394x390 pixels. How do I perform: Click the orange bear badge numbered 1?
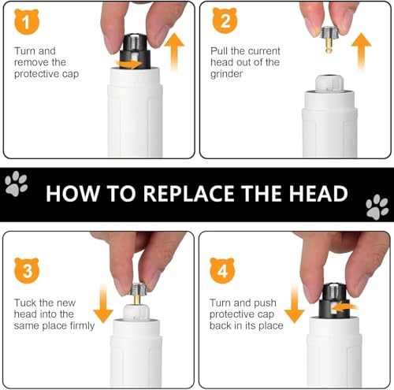pos(27,21)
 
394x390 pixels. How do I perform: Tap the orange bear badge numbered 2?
pos(225,20)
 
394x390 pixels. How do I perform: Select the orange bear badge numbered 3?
pos(27,270)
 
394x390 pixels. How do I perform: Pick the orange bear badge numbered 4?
pos(222,270)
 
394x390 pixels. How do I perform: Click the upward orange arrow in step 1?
pos(174,51)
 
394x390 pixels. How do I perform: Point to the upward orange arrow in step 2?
pos(362,52)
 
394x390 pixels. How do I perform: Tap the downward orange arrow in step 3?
pos(103,303)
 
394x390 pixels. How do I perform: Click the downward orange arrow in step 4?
pos(294,303)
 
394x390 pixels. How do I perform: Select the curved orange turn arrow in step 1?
pos(128,64)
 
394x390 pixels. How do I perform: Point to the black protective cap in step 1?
pos(135,51)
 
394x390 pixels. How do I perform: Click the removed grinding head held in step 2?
pos(329,39)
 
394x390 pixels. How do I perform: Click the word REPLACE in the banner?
pos(188,194)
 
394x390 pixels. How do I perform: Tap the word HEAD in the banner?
pos(318,194)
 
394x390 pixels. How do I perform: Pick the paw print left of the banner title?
pos(17,184)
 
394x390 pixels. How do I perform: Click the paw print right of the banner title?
pos(377,206)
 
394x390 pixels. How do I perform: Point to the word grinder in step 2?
pos(226,74)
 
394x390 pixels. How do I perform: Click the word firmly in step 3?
pos(82,326)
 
